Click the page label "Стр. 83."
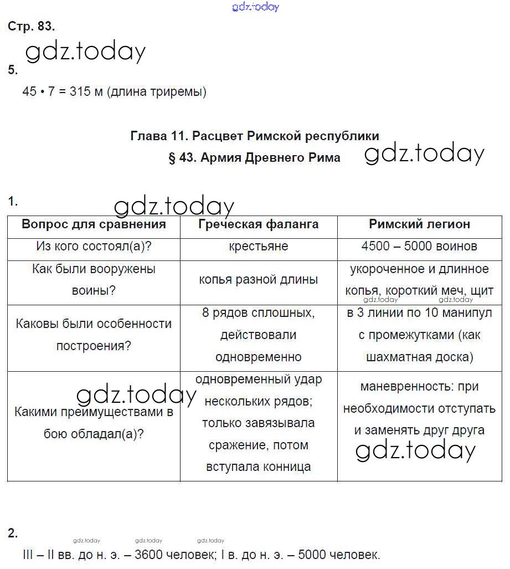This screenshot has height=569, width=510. click(x=31, y=26)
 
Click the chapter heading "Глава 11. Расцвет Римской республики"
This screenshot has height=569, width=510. click(x=255, y=136)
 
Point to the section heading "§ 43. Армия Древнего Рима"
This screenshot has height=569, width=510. click(x=254, y=158)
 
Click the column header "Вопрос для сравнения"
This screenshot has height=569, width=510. click(x=94, y=224)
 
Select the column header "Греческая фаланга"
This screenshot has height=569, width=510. click(x=258, y=224)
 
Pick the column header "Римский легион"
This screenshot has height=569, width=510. click(x=419, y=224)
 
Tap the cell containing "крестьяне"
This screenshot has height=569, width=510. click(x=258, y=246)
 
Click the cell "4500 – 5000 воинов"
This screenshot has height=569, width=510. click(x=419, y=246)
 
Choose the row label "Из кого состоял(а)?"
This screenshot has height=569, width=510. click(x=94, y=246)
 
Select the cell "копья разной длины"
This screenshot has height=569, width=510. click(x=258, y=279)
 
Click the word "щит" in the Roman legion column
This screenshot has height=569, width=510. click(x=482, y=290)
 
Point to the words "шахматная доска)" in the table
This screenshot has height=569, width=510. click(x=420, y=357)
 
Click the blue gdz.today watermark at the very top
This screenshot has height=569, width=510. click(x=255, y=7)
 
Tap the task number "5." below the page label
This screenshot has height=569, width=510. click(x=13, y=70)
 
